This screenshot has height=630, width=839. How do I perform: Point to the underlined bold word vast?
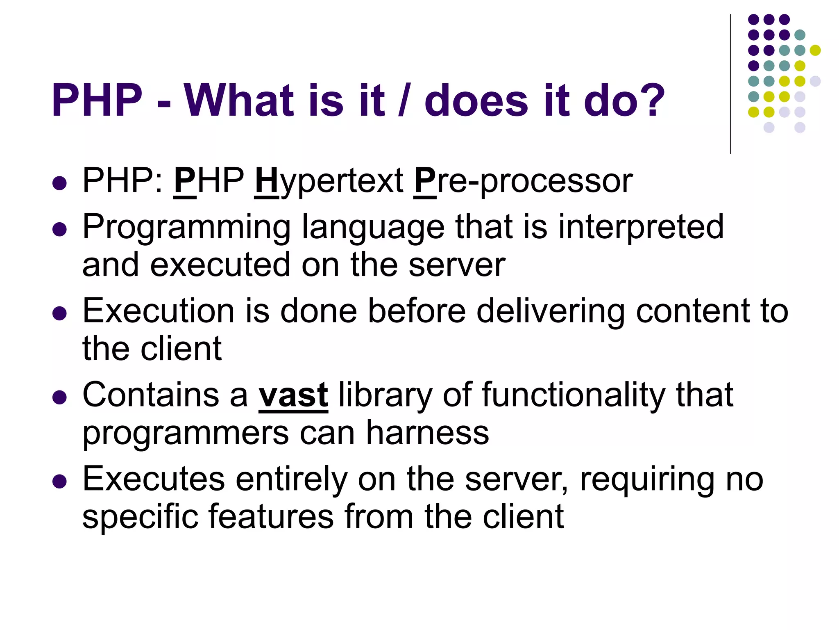[293, 395]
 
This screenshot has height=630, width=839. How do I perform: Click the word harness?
[427, 432]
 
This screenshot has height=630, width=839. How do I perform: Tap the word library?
[385, 395]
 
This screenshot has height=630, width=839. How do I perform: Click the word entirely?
[291, 479]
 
